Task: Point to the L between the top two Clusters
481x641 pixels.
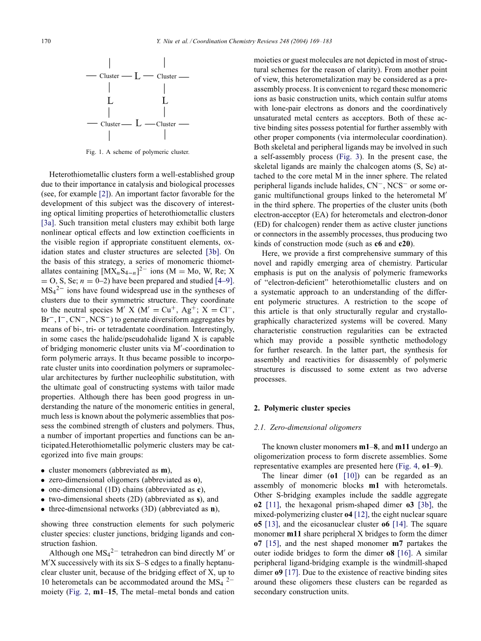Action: [137, 76]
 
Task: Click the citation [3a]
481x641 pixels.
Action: [48, 223]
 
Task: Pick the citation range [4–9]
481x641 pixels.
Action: [224, 281]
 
